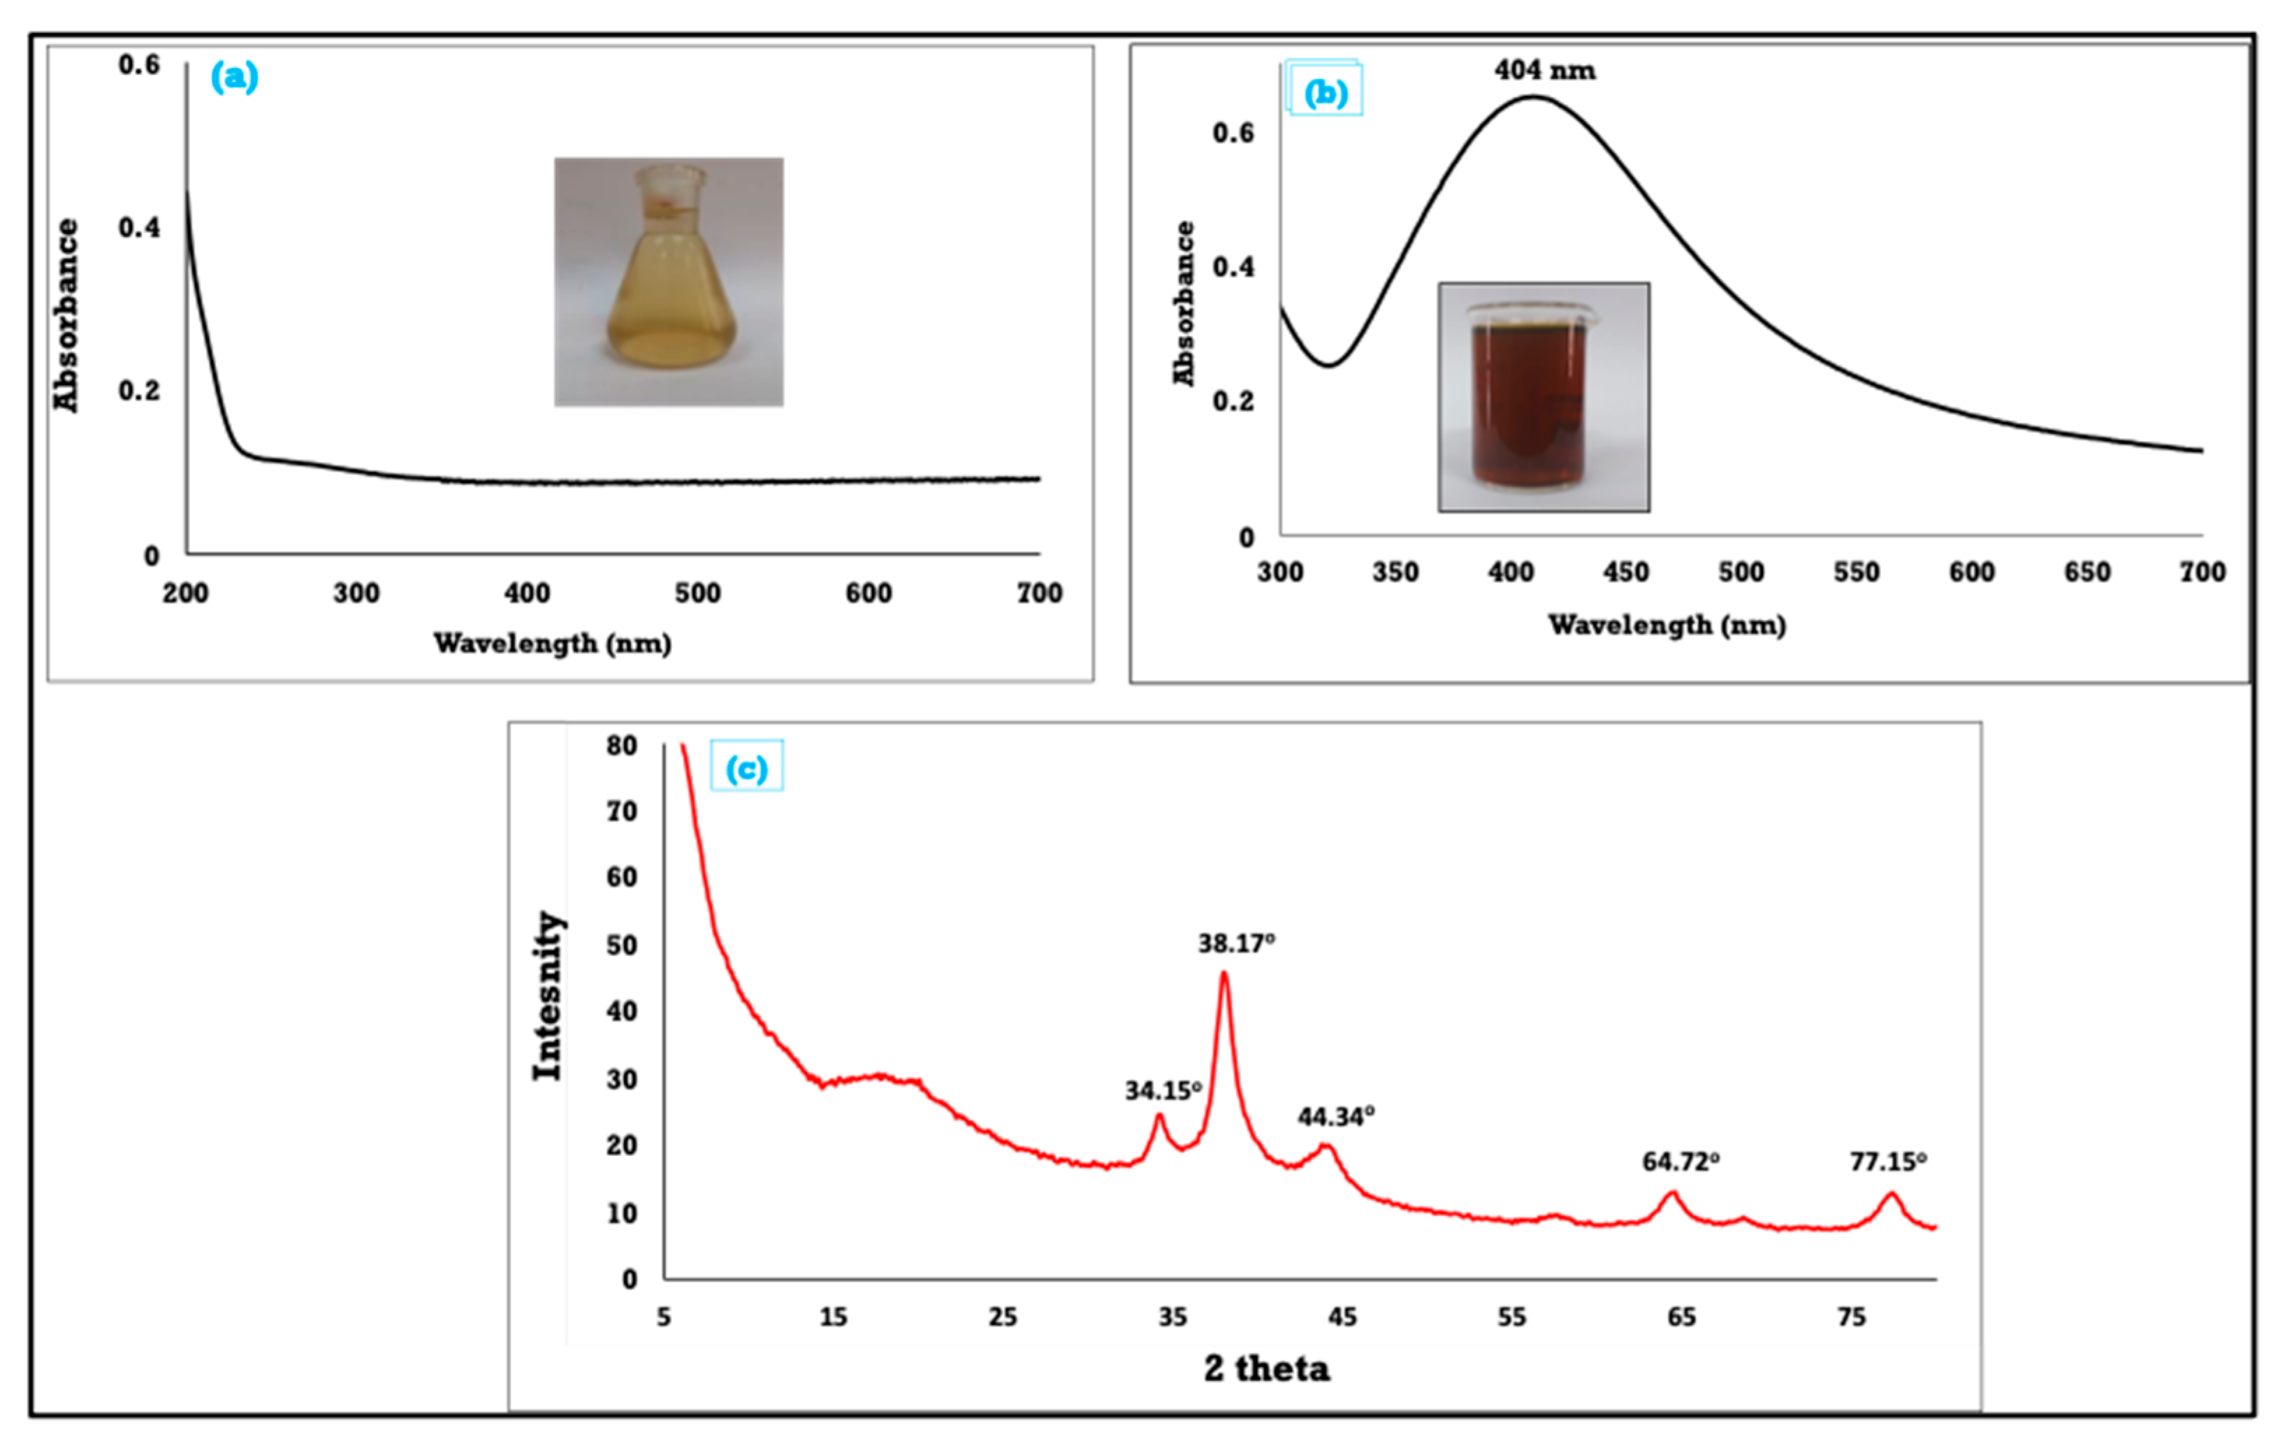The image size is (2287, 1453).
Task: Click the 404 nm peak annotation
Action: coord(1544,71)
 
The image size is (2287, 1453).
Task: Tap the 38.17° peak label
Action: coord(1235,943)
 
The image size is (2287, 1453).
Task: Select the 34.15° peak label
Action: coord(1163,1090)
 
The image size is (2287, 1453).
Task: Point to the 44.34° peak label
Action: coord(1336,1116)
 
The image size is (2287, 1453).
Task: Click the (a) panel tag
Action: coord(233,76)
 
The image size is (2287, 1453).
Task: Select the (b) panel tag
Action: coord(1325,92)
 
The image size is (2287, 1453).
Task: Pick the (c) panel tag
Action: coord(746,767)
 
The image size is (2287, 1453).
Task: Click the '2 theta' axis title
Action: coord(1266,1368)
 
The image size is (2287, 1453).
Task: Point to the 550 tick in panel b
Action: coord(1856,572)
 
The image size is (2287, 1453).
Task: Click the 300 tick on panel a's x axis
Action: coord(356,593)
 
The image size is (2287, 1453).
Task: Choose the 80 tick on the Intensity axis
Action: coord(622,746)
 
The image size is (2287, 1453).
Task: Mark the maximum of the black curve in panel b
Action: coord(1532,96)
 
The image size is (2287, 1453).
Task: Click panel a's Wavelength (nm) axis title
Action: coord(552,643)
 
